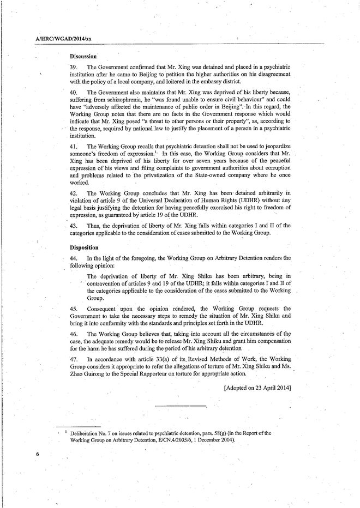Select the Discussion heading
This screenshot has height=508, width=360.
(x=83, y=56)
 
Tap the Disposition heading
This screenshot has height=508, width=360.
(x=85, y=247)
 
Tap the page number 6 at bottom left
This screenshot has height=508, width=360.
(x=38, y=453)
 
